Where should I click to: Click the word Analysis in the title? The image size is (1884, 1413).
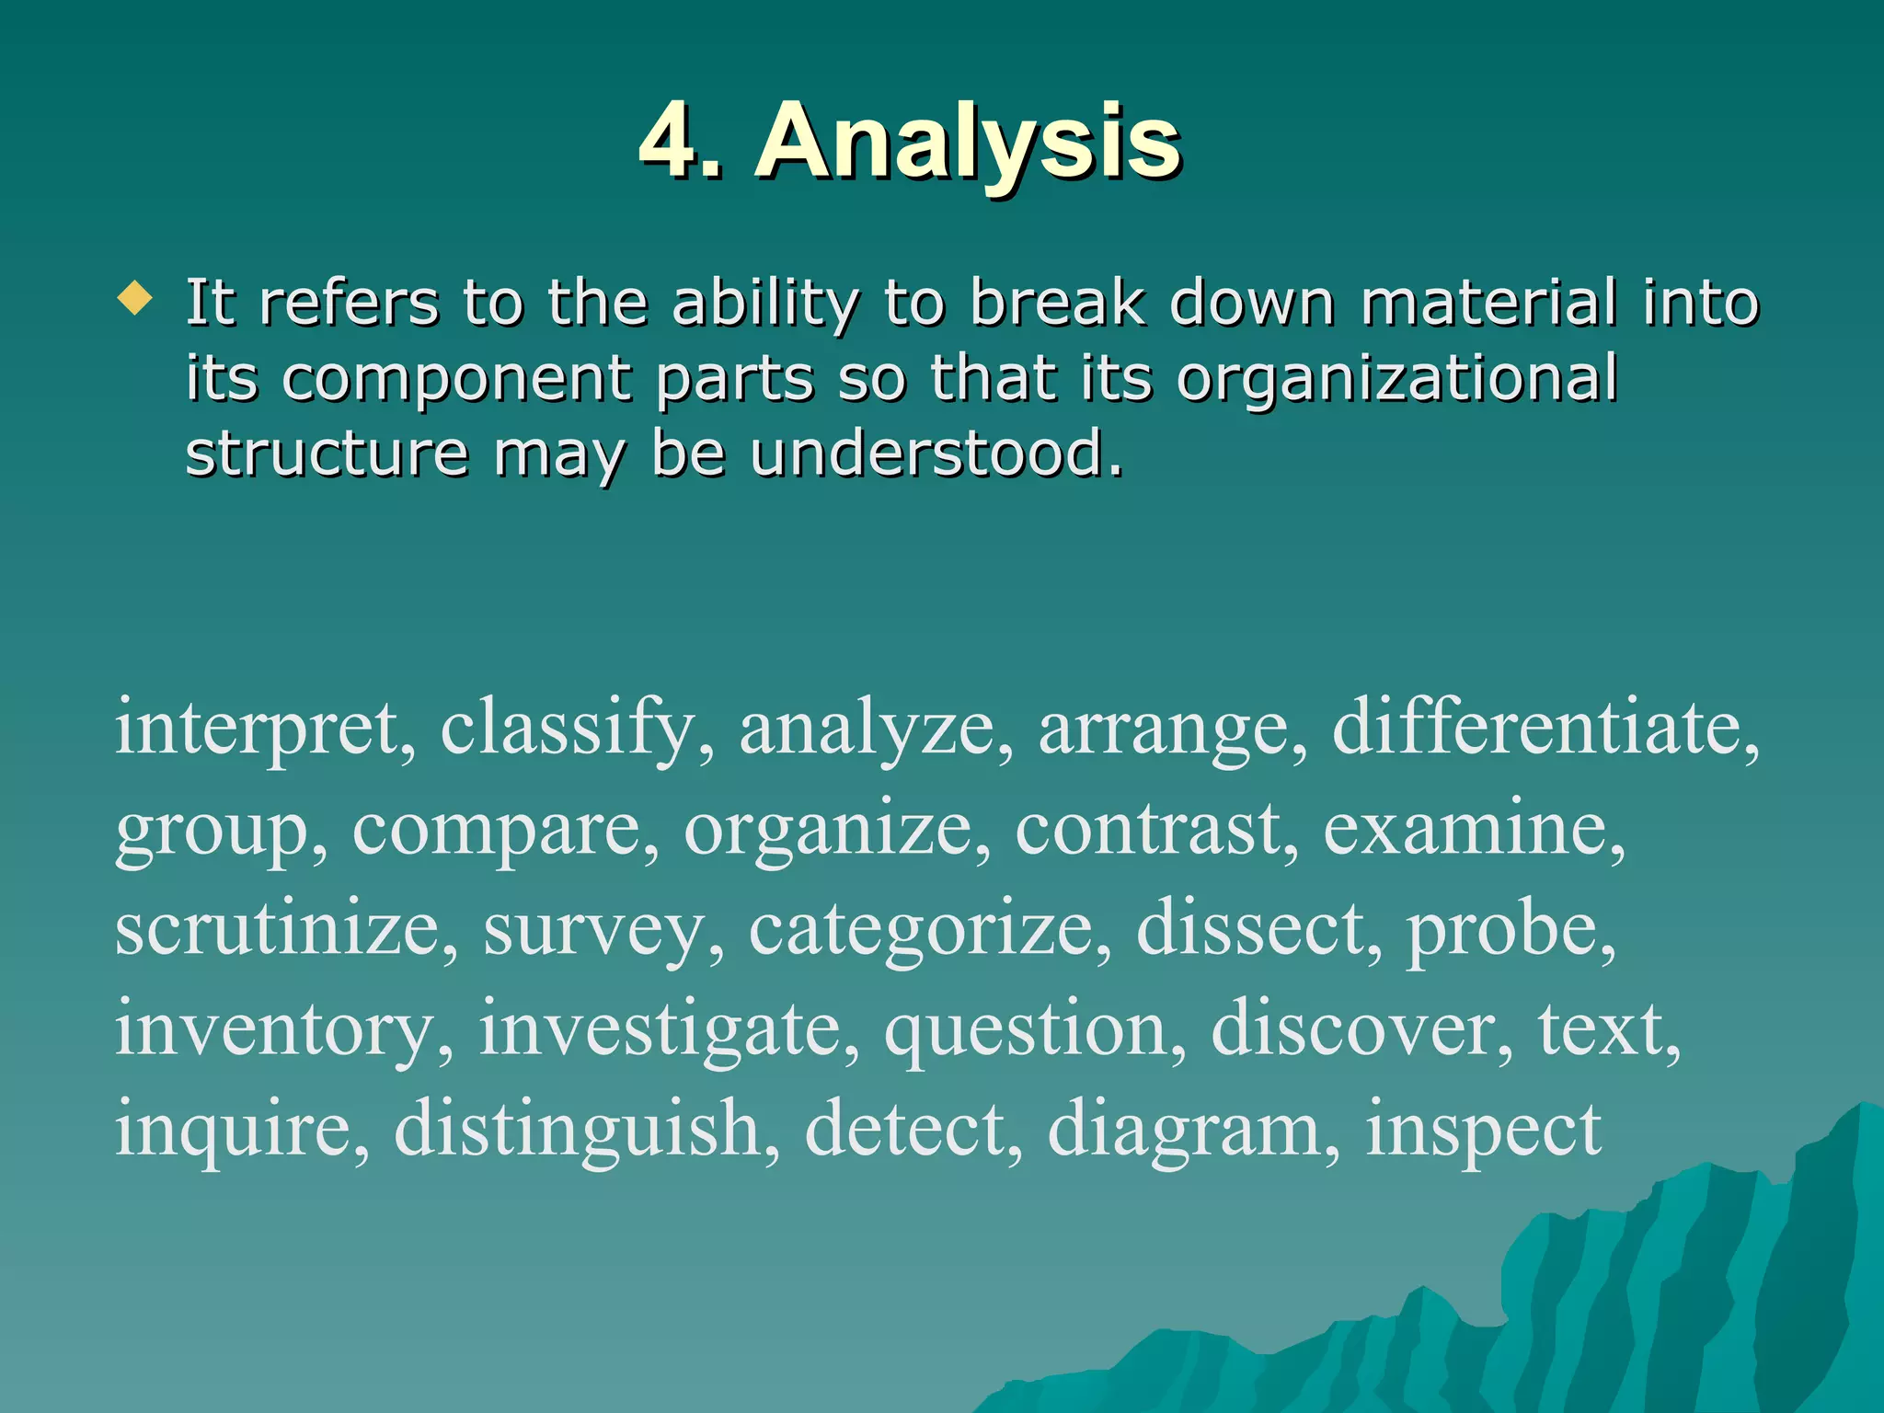pyautogui.click(x=968, y=143)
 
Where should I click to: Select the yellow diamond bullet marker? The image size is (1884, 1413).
pyautogui.click(x=135, y=299)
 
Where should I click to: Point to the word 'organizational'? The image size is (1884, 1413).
pyautogui.click(x=1396, y=378)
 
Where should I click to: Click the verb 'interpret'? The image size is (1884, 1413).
pyautogui.click(x=257, y=729)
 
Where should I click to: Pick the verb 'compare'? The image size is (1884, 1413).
pyautogui.click(x=496, y=830)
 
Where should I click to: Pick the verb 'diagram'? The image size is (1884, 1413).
pyautogui.click(x=1184, y=1132)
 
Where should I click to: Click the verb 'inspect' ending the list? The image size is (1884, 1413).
pyautogui.click(x=1483, y=1132)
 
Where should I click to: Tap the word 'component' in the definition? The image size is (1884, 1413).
pyautogui.click(x=456, y=380)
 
